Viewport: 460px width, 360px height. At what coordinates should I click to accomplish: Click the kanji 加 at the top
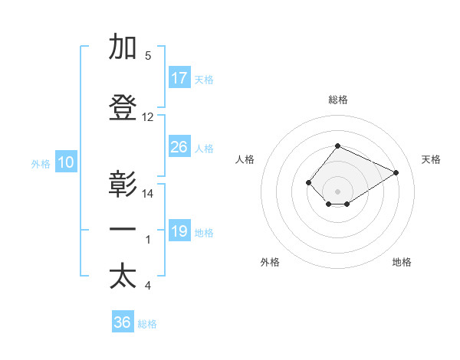tap(123, 47)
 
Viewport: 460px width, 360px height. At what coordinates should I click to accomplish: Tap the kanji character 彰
tap(123, 185)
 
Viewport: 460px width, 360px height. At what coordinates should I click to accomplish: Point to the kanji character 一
tap(123, 229)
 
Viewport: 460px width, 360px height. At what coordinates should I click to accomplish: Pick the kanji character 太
tap(123, 277)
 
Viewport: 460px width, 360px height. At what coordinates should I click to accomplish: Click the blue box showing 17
tap(179, 78)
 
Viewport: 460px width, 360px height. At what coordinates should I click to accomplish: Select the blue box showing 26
tap(179, 147)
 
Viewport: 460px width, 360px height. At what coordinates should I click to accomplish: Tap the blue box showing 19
tap(179, 231)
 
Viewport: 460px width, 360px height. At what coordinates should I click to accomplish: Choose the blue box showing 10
tap(65, 162)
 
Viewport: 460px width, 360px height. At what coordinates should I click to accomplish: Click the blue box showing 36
tap(123, 322)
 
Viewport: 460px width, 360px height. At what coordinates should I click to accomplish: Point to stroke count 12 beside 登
tap(148, 117)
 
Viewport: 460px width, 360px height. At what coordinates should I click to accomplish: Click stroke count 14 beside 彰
tap(148, 194)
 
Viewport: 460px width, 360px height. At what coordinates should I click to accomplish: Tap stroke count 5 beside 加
tap(148, 56)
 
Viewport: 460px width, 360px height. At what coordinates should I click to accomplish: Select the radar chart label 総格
tap(337, 100)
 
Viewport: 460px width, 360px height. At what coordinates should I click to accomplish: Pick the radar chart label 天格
tap(431, 159)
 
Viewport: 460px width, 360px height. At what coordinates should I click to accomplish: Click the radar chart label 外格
tap(270, 262)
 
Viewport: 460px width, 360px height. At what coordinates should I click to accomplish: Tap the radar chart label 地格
tap(402, 262)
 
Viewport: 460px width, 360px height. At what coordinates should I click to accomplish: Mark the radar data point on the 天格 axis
tap(396, 172)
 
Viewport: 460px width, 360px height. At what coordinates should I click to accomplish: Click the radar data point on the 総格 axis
tap(337, 146)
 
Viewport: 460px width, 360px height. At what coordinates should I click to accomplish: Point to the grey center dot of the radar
tap(337, 191)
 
